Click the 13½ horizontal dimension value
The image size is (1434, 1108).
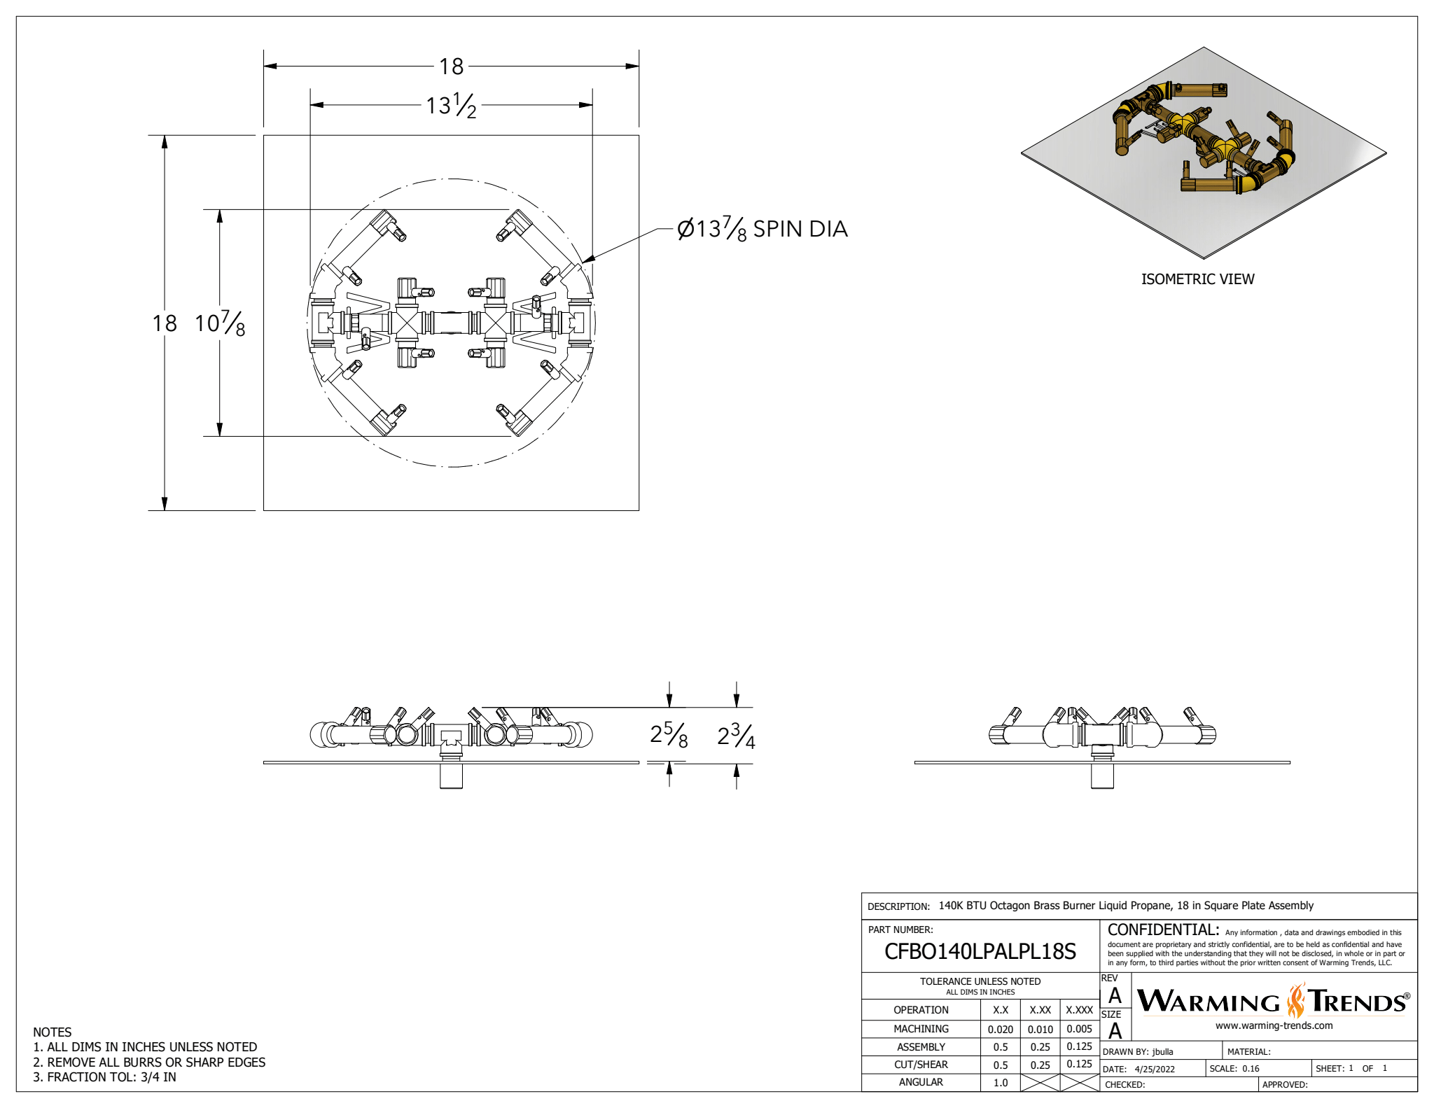tap(451, 106)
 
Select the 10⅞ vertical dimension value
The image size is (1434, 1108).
tap(220, 323)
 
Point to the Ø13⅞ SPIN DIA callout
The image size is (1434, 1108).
tap(762, 229)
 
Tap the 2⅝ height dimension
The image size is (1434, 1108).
tap(669, 735)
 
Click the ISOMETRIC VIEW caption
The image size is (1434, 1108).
tap(1197, 279)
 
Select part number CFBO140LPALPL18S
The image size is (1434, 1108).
tap(980, 951)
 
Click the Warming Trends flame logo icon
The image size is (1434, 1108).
tap(1295, 1000)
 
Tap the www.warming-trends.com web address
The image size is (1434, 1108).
tap(1274, 1025)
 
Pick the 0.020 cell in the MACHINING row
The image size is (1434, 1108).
tap(1000, 1029)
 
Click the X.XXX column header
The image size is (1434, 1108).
tap(1079, 1010)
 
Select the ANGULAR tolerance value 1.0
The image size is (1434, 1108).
tap(1000, 1082)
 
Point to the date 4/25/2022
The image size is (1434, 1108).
tap(1155, 1069)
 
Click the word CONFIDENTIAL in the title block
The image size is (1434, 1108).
tap(1163, 930)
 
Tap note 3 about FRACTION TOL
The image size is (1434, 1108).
tap(105, 1077)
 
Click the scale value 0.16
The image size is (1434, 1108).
tap(1251, 1069)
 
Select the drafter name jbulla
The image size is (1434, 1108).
tap(1162, 1051)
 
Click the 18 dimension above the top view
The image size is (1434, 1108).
tap(451, 66)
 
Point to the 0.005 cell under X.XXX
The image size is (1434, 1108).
tap(1079, 1029)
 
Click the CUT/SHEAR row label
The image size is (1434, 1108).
tap(921, 1065)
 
